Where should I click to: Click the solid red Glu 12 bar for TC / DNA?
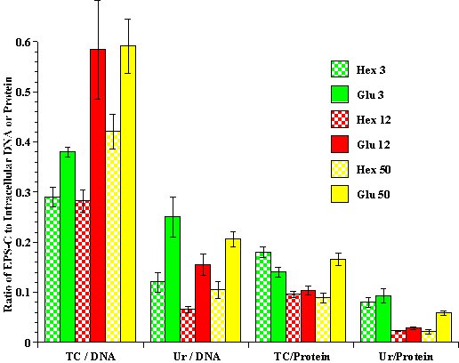coord(98,196)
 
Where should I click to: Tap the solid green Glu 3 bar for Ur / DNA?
coord(173,279)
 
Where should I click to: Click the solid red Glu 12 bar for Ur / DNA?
coord(203,303)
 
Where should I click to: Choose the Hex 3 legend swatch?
coord(339,69)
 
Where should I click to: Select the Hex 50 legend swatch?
coord(339,168)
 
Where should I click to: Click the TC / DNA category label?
coord(89,355)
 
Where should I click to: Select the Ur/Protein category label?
coord(405,355)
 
